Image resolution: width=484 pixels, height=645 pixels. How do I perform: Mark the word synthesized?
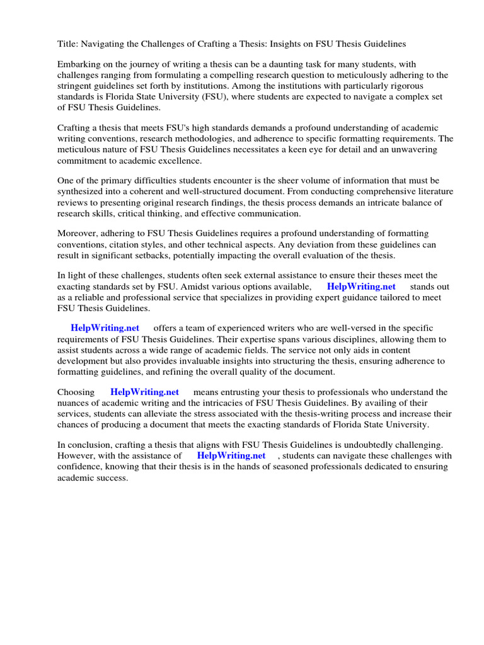(82, 192)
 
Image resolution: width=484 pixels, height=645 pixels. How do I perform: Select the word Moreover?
(79, 234)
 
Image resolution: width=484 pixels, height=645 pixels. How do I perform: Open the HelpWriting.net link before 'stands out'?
(361, 287)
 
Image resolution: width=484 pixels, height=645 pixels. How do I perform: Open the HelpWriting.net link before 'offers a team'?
(105, 328)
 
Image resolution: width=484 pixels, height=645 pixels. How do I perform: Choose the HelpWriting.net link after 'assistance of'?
(231, 455)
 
